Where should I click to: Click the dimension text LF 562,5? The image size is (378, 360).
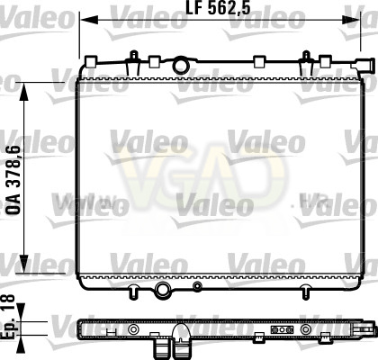coord(218,8)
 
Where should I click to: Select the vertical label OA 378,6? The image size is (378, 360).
coord(13,179)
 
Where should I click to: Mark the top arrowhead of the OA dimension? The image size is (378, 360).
coord(24,92)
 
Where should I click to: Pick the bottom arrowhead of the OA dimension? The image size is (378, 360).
coord(24,264)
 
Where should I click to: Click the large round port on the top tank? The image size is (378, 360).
coord(181,65)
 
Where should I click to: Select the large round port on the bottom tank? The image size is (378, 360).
coord(163,290)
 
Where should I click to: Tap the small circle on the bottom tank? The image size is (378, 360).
coord(197,286)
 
